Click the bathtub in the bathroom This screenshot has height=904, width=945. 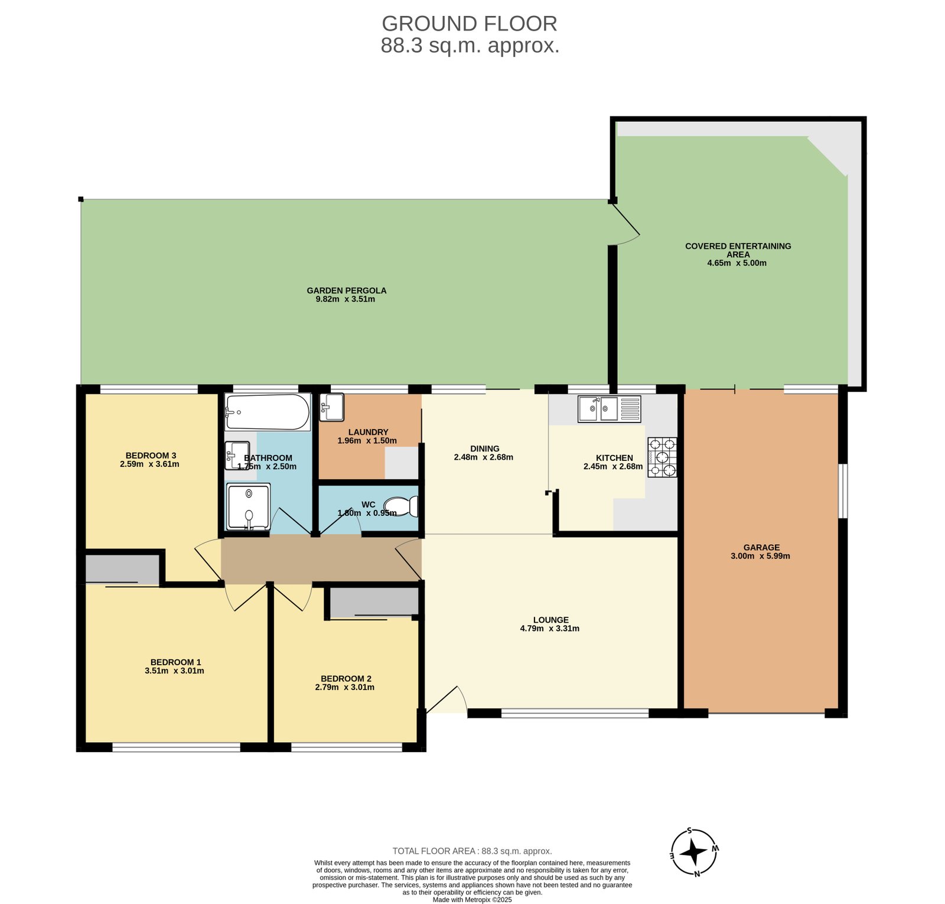point(268,412)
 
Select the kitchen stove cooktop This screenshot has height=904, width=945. point(662,457)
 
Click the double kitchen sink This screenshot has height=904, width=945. point(610,409)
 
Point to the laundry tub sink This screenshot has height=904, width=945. point(331,407)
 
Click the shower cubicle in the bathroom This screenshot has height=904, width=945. point(249,506)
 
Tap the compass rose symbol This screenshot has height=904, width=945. point(694,852)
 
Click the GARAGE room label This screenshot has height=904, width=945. point(761,547)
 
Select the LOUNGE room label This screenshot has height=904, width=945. point(551,620)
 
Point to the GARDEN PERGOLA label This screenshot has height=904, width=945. point(347,290)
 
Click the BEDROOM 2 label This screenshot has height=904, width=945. point(346,678)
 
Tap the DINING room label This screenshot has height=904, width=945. point(485,448)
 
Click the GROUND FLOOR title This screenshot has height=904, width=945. point(470,24)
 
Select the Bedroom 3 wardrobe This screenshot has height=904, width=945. point(122,569)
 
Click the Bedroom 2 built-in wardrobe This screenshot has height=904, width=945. point(374,601)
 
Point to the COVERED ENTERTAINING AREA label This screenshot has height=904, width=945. point(738,250)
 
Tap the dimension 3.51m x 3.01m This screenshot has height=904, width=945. point(174,671)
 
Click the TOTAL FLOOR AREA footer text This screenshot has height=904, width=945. point(472,851)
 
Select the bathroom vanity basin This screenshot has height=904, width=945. point(237,456)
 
